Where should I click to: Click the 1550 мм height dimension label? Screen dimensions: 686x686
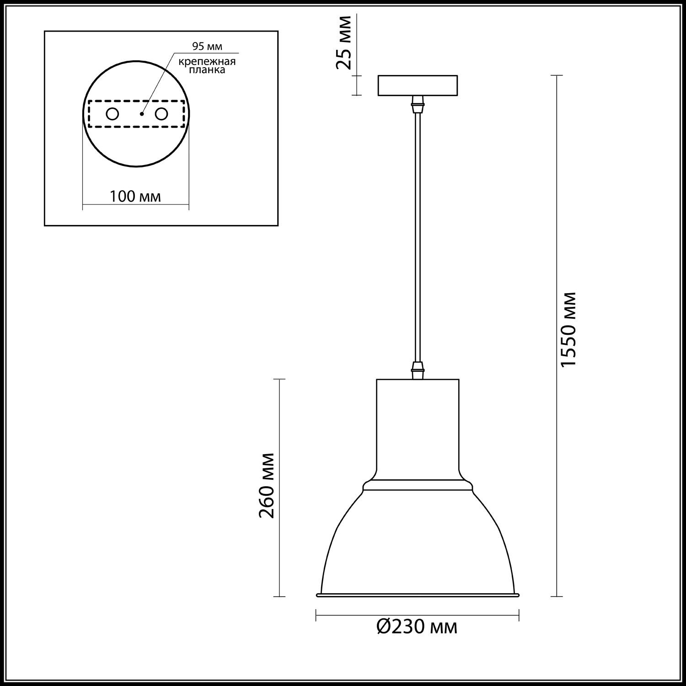(568, 329)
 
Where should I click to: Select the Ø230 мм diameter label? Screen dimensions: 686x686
(417, 627)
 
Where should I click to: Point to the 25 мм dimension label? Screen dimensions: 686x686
(344, 43)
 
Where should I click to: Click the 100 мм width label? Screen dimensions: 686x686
(135, 197)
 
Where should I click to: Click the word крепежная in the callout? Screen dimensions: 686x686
(207, 62)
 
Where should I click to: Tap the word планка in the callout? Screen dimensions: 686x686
(207, 70)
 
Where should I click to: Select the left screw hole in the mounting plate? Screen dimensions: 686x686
(113, 114)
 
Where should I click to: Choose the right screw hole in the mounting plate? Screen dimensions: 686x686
(161, 114)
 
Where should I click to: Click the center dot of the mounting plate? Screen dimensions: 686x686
(142, 114)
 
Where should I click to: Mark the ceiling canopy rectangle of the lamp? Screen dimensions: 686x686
(418, 86)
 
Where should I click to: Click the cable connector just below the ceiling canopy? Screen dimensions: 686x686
(417, 104)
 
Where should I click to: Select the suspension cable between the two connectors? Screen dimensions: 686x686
(417, 238)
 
